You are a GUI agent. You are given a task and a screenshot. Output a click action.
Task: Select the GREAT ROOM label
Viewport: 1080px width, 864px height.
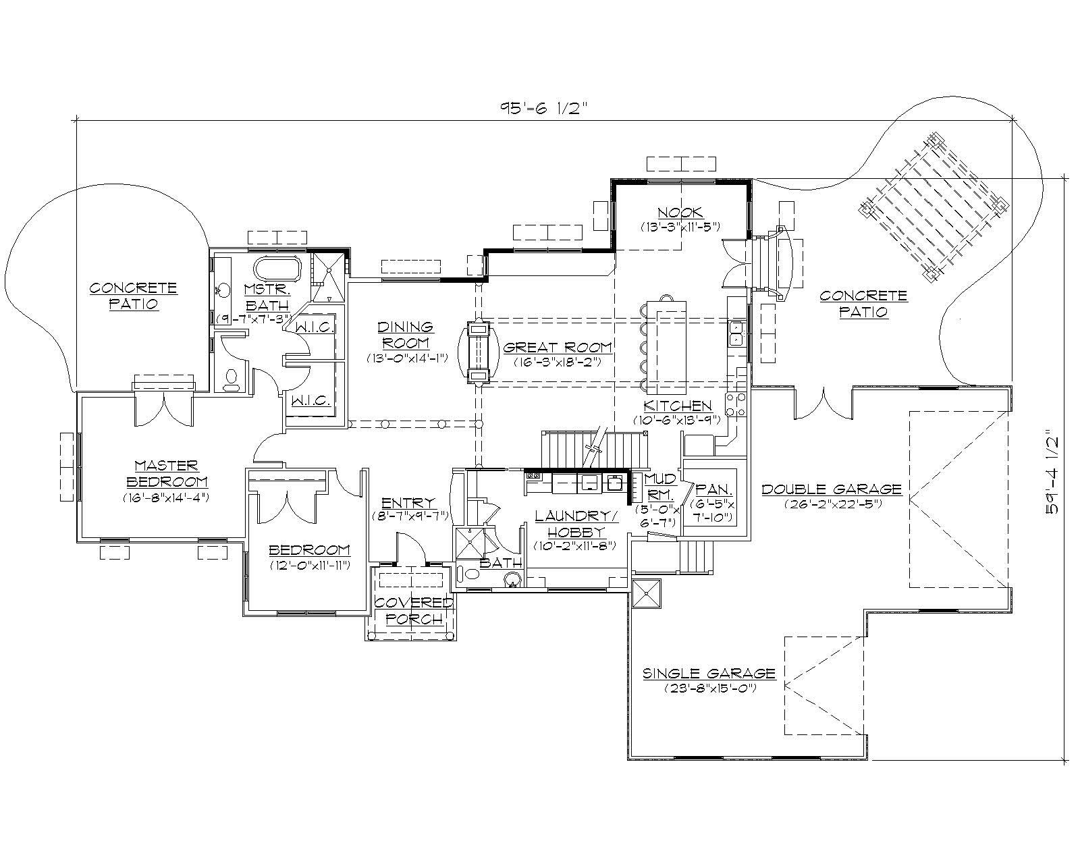[558, 348]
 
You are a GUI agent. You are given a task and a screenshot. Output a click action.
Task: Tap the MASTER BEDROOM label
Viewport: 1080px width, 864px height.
[166, 473]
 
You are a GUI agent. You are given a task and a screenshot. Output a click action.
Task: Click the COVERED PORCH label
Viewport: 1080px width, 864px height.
[414, 610]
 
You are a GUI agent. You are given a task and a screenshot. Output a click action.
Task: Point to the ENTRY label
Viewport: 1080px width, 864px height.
[408, 503]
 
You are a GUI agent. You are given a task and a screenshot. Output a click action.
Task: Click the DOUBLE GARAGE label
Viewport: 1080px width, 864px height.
[832, 489]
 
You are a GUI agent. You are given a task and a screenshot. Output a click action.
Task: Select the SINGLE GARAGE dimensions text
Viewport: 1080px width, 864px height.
[709, 688]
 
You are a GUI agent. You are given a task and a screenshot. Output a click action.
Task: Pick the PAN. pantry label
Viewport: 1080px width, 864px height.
[713, 489]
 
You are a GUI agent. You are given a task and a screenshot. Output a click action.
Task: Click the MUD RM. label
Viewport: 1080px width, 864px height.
[659, 485]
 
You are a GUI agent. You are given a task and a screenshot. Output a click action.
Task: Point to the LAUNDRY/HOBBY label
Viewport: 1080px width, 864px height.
[576, 523]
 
